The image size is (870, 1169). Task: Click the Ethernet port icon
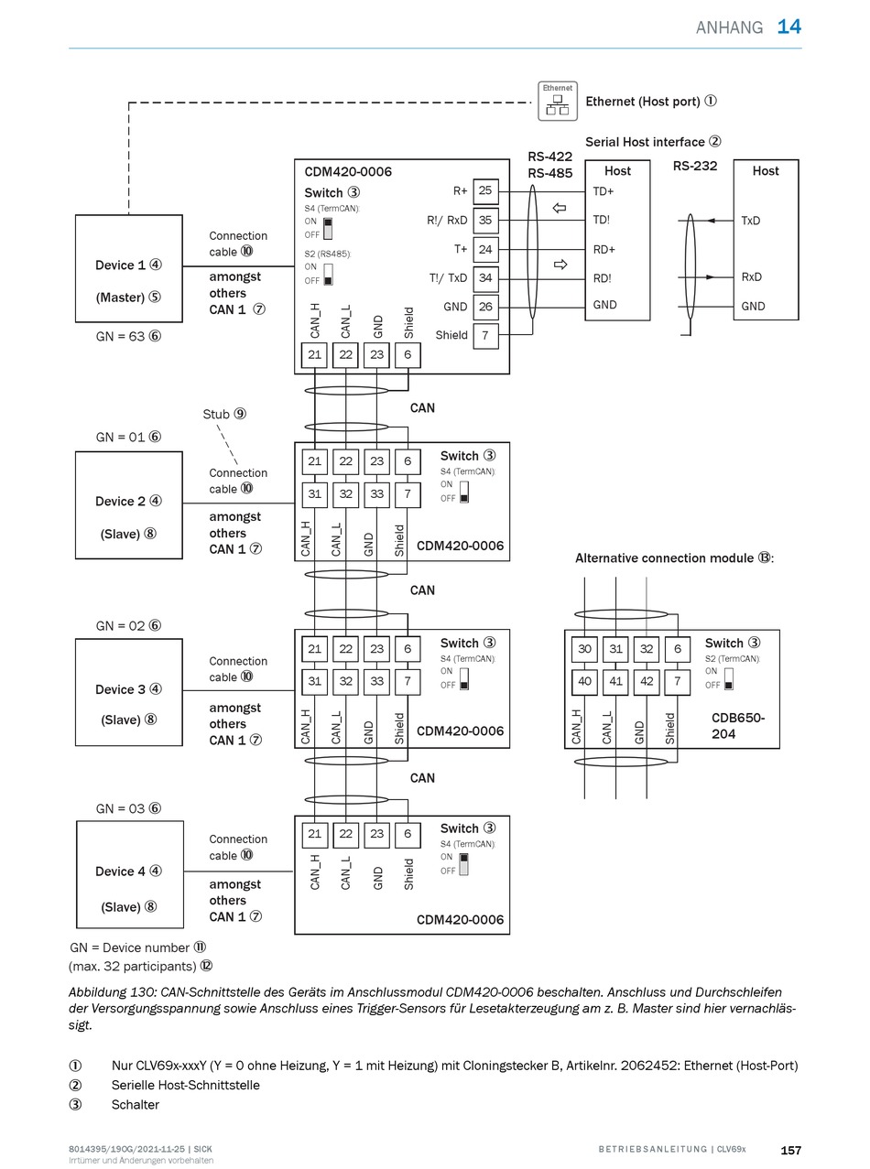coord(558,101)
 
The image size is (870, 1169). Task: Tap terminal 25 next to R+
coord(485,190)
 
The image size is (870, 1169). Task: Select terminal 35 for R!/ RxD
coord(485,220)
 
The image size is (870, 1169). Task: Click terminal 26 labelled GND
coord(485,307)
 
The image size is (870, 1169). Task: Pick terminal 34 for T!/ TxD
coord(485,277)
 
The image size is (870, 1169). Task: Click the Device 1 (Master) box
coord(128,268)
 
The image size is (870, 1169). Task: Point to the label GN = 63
coord(128,336)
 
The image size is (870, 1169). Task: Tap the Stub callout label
coord(224,414)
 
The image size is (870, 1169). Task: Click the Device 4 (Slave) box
coord(130,874)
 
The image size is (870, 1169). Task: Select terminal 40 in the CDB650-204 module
coord(584,681)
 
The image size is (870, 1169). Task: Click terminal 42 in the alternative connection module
coord(647,681)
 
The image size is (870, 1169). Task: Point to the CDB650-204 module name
coord(737,726)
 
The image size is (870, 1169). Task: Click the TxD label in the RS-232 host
coord(751,221)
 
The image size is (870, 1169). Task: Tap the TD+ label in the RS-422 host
coord(604,191)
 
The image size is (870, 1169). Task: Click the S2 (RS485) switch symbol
coord(328,274)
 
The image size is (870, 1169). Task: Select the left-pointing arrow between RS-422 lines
coord(560,208)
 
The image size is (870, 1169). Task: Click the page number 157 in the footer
coord(791,1151)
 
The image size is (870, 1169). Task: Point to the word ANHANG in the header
coord(729,27)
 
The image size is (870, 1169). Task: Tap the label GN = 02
coord(128,625)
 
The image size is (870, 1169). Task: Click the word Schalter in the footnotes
coord(135,1105)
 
